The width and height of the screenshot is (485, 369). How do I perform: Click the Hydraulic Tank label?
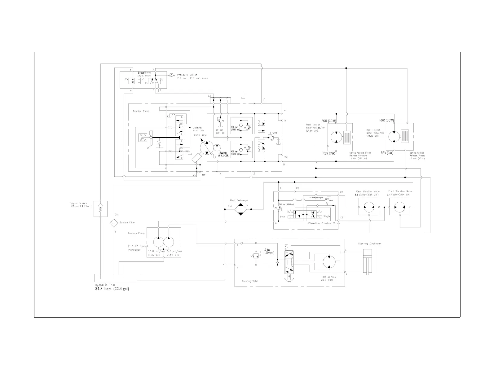105,285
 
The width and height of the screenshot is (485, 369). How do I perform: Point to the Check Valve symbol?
100,206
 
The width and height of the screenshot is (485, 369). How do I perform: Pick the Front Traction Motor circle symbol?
336,137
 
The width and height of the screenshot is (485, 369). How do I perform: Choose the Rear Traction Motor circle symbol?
394,136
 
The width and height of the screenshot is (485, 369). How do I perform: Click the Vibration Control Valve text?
324,223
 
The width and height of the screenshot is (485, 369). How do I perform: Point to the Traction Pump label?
141,111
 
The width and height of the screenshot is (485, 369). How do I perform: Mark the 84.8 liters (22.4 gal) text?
112,289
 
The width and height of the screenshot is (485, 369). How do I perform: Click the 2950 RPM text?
201,136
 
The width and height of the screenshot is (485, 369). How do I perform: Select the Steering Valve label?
250,281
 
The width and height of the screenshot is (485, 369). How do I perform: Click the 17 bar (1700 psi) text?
268,251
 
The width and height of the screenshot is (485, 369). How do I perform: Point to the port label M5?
194,175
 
